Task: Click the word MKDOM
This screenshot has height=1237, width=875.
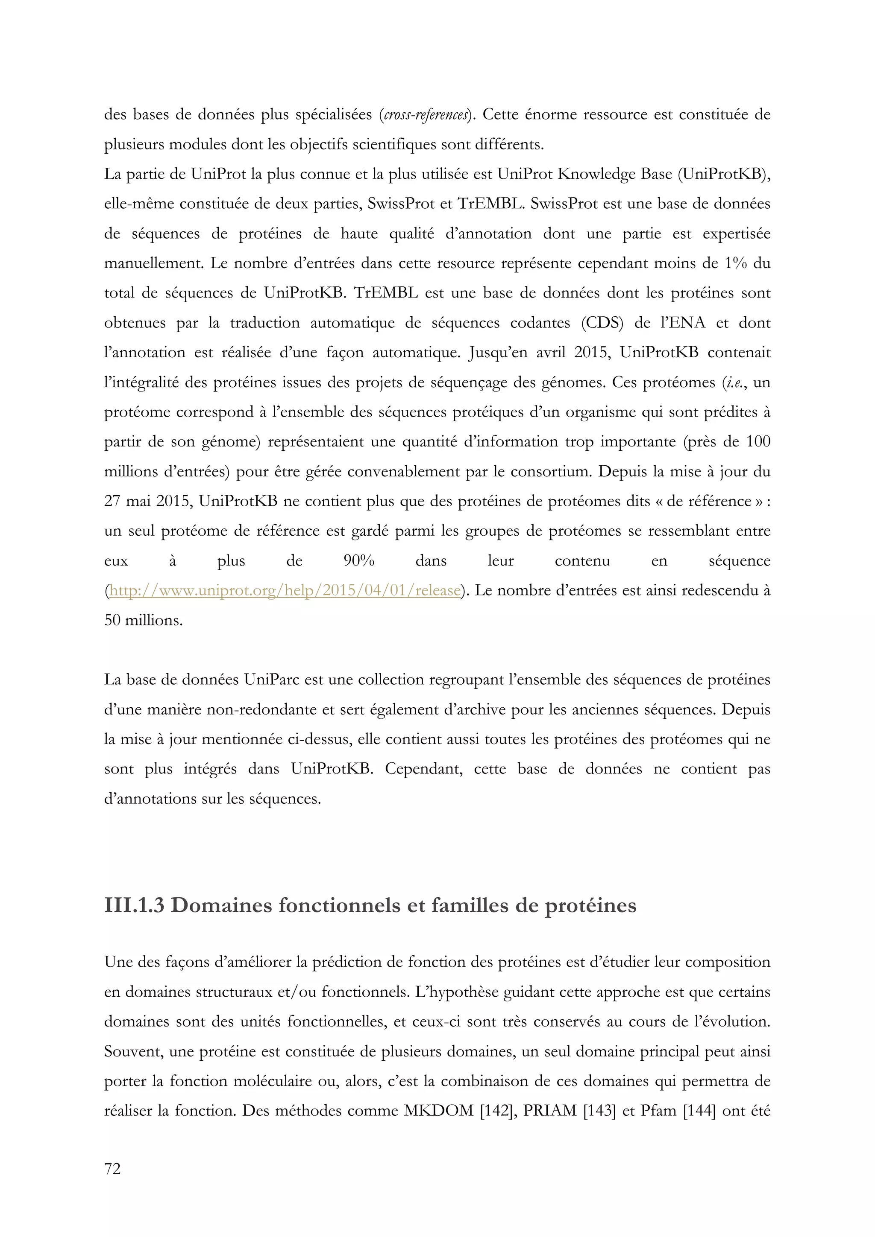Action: pos(438,1111)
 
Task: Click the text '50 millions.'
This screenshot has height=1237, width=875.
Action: pos(144,620)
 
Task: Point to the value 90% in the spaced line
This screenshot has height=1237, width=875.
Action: pos(359,561)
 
